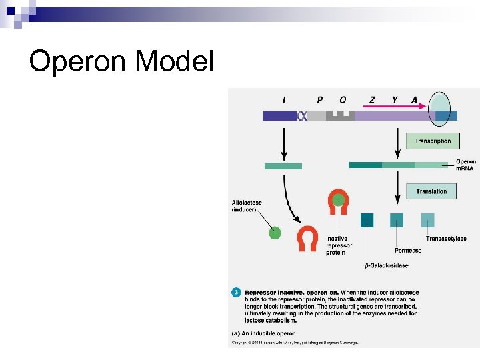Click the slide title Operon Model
click(121, 62)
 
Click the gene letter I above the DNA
click(284, 100)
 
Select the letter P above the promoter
click(319, 100)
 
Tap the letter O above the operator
click(343, 100)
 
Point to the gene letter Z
click(372, 100)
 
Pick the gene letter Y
click(395, 100)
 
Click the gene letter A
click(414, 100)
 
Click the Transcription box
click(433, 141)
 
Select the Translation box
click(431, 191)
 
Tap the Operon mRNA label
click(465, 165)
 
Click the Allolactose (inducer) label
click(247, 206)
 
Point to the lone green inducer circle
click(275, 233)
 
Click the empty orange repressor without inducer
click(307, 239)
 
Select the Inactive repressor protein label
click(339, 245)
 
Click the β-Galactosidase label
click(386, 265)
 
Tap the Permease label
click(408, 251)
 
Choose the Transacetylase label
click(446, 238)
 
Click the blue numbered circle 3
click(235, 292)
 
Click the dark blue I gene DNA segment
click(280, 116)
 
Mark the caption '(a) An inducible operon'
click(263, 333)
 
